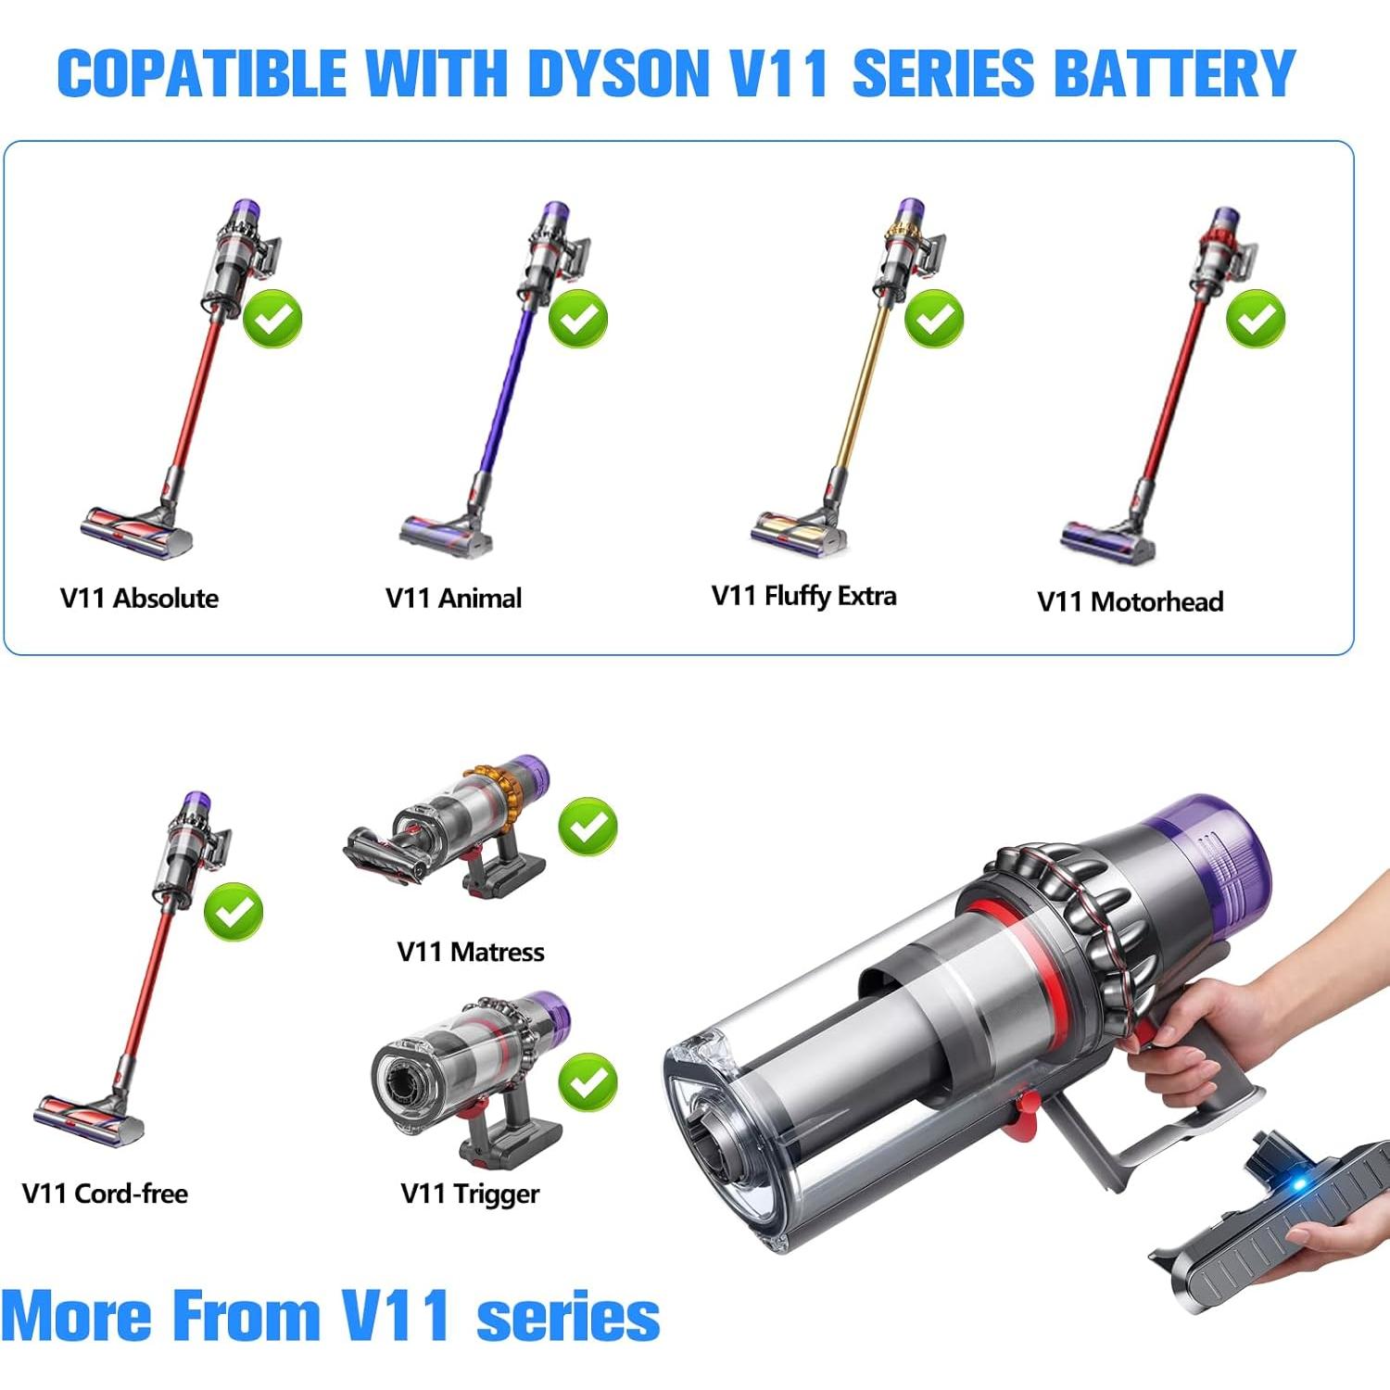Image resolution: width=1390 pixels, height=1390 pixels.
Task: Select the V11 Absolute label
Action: [x=139, y=599]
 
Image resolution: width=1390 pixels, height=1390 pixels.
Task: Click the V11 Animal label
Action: [x=453, y=599]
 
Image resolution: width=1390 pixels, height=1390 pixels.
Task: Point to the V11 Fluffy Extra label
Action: [x=803, y=596]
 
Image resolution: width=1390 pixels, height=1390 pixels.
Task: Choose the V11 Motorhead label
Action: [x=1130, y=601]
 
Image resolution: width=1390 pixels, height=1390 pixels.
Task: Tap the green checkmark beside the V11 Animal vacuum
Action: [x=578, y=319]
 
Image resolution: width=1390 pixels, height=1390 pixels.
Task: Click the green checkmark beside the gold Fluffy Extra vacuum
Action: [x=934, y=319]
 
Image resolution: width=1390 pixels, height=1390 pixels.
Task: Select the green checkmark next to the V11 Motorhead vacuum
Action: [x=1256, y=319]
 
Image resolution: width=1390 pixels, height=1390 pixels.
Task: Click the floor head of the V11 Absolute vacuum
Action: [x=136, y=531]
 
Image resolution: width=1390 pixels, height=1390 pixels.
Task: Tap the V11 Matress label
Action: [x=470, y=952]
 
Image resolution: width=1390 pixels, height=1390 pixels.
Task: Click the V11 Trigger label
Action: [x=470, y=1194]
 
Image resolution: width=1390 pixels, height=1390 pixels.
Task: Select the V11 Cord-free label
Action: [x=105, y=1194]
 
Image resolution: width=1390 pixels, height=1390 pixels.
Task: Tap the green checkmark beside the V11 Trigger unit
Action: [x=588, y=1081]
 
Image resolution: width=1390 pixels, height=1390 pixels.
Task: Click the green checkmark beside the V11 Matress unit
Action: [x=588, y=826]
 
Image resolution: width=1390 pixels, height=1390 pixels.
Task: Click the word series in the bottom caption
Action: [x=567, y=1317]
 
